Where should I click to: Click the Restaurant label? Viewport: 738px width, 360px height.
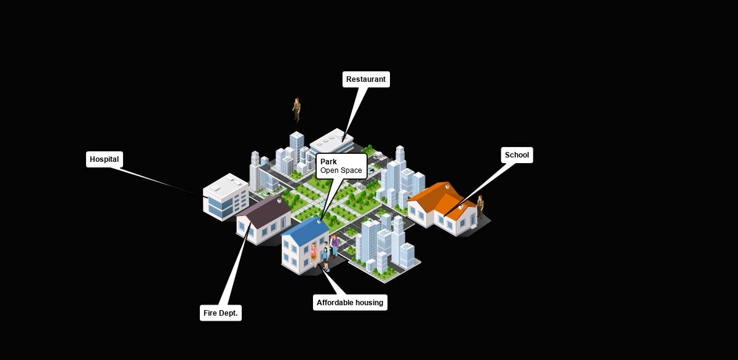(366, 79)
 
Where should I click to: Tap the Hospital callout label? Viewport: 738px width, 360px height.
(104, 159)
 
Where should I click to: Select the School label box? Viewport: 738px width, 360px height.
(517, 155)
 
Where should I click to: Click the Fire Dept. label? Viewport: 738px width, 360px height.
(220, 313)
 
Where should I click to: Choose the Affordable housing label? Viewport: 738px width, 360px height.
(350, 302)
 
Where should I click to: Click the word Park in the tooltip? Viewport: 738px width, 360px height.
(328, 162)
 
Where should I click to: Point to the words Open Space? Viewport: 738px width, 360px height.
(341, 170)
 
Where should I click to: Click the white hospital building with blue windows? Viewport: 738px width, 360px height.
(224, 197)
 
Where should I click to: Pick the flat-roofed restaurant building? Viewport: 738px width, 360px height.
(332, 142)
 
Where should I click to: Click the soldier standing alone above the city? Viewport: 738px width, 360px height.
(296, 110)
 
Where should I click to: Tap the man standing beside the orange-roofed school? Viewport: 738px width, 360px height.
(480, 207)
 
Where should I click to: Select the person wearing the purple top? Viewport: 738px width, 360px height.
(335, 244)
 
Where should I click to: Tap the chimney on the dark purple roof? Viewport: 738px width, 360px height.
(280, 200)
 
